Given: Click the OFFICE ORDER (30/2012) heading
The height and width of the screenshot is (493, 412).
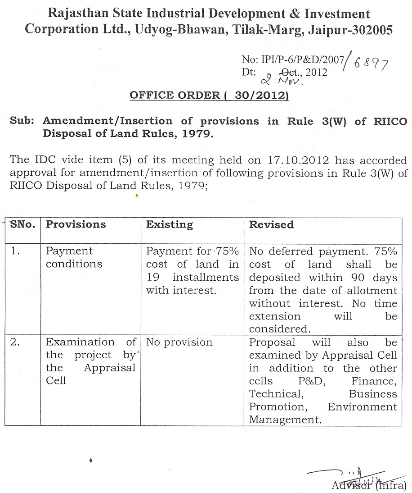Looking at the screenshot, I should [209, 96].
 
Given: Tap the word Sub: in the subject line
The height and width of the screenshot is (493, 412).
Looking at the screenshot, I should [22, 121].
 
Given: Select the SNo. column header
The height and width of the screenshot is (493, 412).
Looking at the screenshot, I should [22, 224].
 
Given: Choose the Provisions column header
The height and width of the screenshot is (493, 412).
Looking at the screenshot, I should [76, 224].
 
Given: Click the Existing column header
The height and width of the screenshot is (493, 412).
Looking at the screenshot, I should [170, 224].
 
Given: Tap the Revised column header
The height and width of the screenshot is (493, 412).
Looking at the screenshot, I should [271, 224].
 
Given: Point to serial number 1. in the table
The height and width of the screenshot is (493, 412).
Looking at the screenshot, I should [16, 251].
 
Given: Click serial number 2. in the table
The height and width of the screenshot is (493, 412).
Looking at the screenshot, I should [16, 342].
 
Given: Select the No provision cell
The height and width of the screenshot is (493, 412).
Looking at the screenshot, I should [179, 342].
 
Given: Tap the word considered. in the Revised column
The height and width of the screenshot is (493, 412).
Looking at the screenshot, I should [279, 329].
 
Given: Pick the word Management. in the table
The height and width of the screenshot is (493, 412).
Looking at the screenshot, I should [286, 420].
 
